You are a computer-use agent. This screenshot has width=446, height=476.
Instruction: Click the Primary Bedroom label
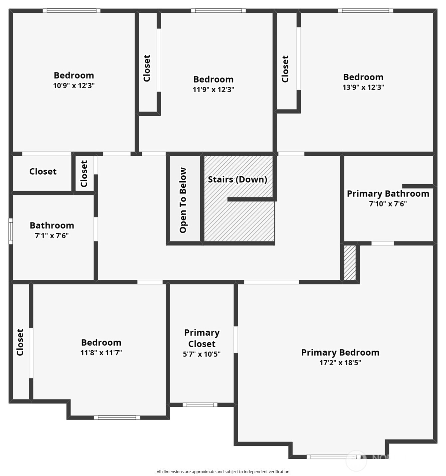(x=340, y=353)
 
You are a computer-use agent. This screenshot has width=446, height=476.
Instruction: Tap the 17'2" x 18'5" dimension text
(x=340, y=363)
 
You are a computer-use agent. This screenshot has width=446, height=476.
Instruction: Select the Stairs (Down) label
(x=237, y=180)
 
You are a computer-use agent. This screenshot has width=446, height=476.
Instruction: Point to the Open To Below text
(x=183, y=200)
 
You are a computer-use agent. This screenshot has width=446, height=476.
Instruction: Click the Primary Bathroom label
(x=388, y=194)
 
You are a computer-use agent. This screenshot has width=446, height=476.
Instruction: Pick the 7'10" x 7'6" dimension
(x=388, y=204)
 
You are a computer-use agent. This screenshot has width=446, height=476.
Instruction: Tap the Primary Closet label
(x=202, y=338)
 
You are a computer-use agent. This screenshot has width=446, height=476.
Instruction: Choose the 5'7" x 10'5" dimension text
(x=202, y=354)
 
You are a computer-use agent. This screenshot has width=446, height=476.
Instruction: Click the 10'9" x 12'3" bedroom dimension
(x=74, y=85)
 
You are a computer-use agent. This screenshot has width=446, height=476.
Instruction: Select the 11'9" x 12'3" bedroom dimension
(x=213, y=89)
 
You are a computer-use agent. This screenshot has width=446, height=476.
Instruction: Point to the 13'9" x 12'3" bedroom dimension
(x=363, y=87)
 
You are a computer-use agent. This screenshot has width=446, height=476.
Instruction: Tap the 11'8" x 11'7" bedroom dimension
(x=101, y=353)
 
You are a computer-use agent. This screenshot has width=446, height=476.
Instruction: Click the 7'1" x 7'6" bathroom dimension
(x=52, y=236)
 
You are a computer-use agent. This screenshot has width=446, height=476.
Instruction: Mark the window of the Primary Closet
(x=200, y=405)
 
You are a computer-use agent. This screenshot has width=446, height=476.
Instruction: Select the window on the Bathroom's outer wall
(x=11, y=231)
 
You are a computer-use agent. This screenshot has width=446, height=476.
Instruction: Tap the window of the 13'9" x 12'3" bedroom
(x=365, y=11)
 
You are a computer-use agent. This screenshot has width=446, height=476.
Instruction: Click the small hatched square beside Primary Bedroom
(x=350, y=263)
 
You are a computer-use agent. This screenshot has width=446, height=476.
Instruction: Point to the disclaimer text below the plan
(x=223, y=472)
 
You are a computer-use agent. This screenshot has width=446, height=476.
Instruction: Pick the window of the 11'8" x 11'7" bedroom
(x=117, y=417)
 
